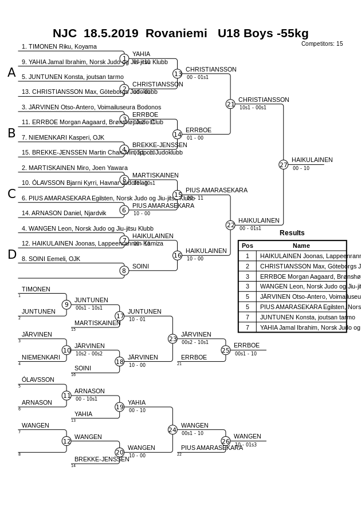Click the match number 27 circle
283,165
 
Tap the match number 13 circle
178,74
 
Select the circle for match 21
230,104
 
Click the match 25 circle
226,350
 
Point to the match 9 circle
66,305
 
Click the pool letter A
11,73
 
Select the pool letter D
11,255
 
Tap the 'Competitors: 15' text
322,44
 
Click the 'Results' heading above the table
292,233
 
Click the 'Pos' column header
247,246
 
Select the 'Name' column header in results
301,246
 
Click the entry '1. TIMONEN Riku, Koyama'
59,47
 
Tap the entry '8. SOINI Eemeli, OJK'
51,259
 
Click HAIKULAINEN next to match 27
312,160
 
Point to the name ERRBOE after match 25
246,346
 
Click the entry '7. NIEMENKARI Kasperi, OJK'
63,138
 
